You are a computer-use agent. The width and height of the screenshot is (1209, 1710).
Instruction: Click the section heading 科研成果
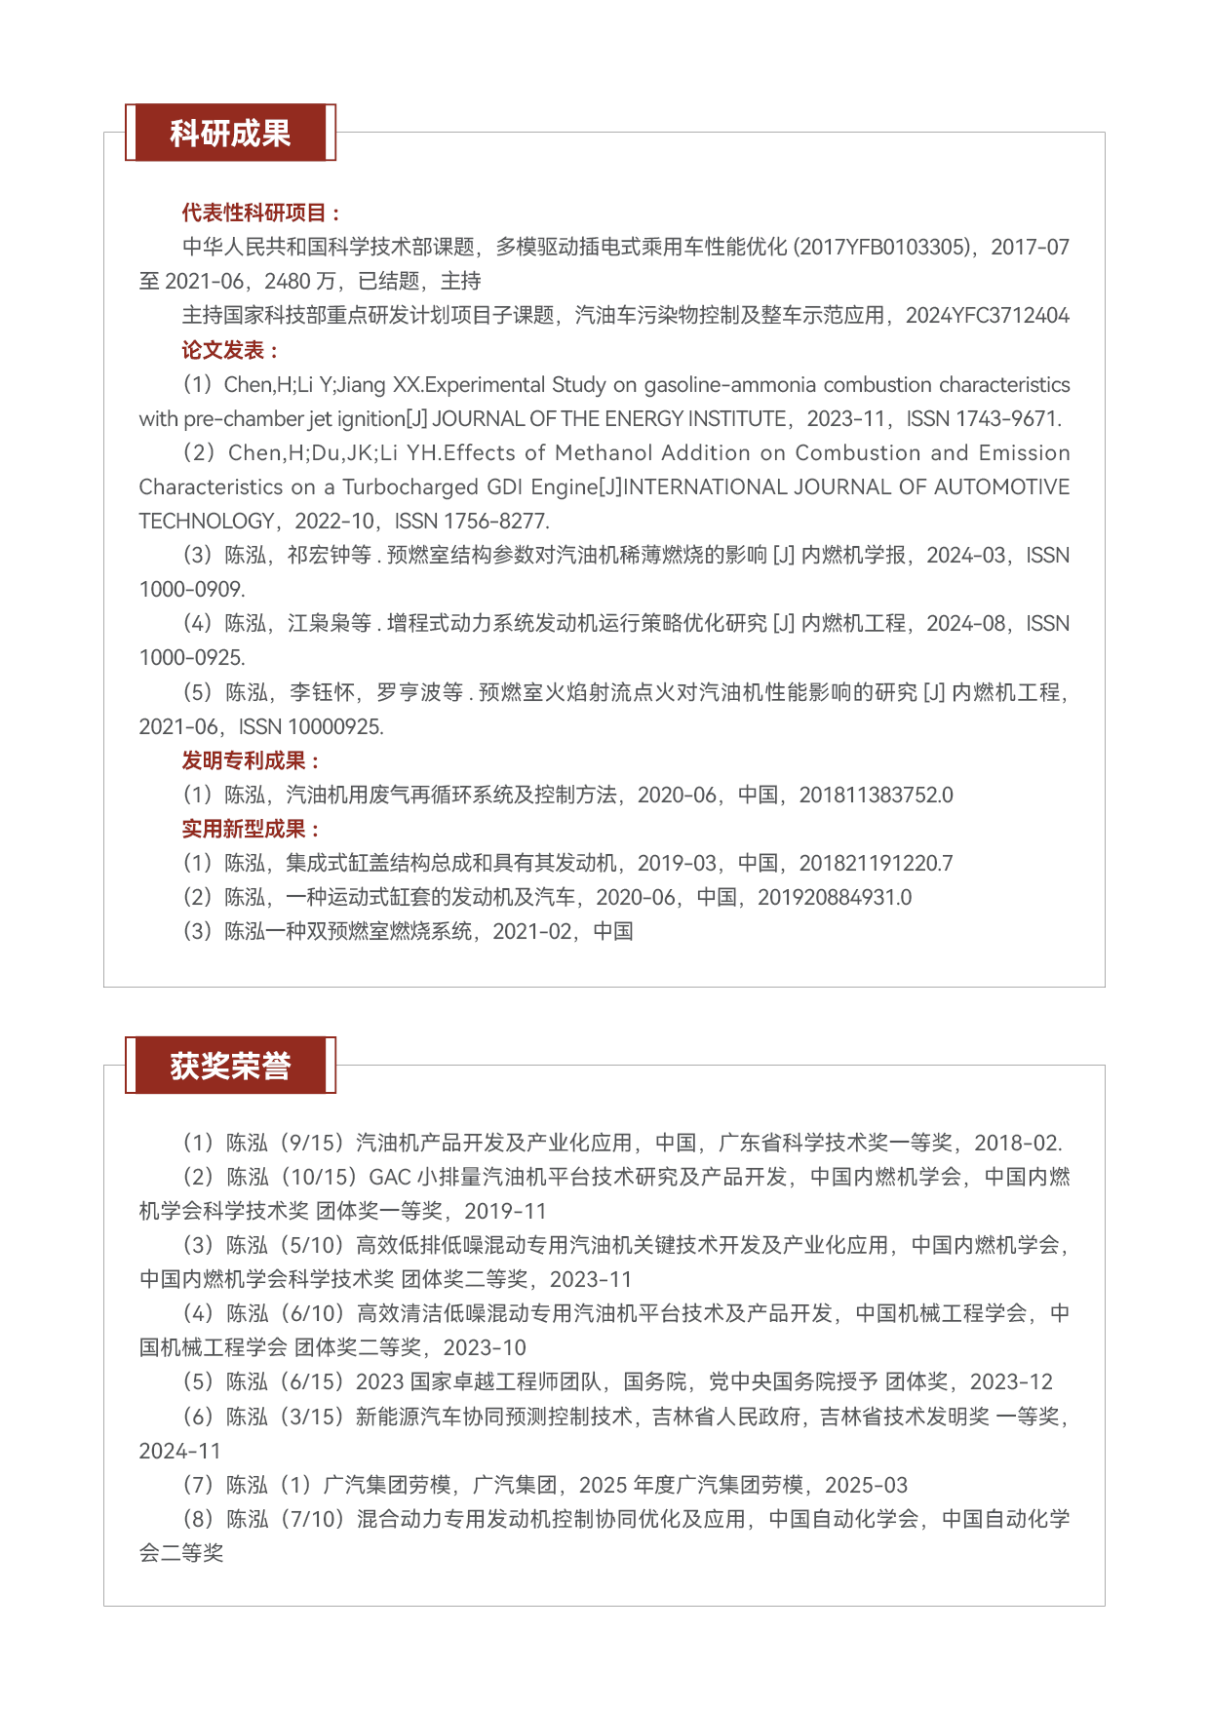point(230,133)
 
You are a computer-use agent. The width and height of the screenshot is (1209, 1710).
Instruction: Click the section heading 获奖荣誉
point(230,1066)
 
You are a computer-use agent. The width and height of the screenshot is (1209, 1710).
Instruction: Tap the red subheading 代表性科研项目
point(260,213)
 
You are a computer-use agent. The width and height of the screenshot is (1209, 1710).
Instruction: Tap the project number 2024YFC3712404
point(987,316)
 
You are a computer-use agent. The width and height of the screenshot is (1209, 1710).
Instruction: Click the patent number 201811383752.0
point(876,796)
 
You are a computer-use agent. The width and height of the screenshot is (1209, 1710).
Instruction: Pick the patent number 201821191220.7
point(876,864)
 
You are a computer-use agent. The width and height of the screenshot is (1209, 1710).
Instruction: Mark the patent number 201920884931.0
point(835,898)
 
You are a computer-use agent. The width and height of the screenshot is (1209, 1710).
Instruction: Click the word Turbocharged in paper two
point(403,487)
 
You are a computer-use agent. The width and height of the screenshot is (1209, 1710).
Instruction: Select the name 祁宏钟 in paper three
point(318,556)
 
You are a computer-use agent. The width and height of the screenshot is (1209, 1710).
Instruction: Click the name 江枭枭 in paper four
point(318,624)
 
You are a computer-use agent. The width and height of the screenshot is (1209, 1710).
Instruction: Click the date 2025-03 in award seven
point(866,1486)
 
